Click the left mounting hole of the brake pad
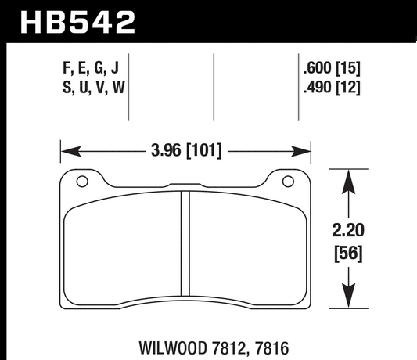[x=81, y=184]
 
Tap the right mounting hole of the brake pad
[x=291, y=184]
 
